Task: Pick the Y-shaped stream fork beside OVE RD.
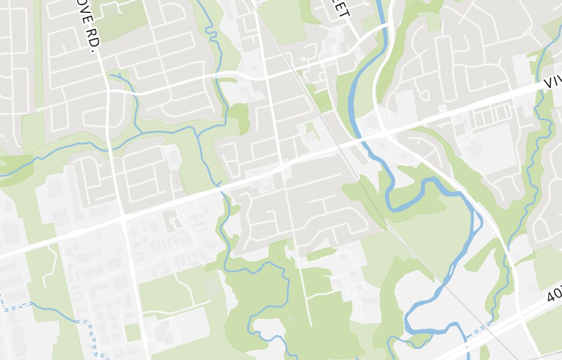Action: coord(120,76)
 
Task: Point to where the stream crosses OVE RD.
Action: coord(110,148)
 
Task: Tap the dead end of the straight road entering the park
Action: coord(311,325)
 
